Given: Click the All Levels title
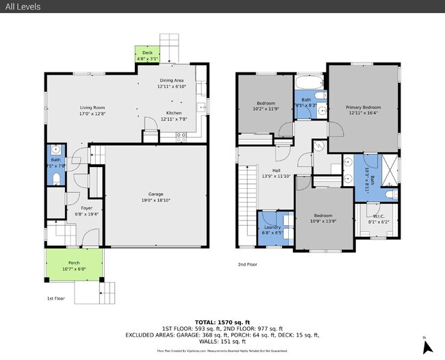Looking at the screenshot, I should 21,7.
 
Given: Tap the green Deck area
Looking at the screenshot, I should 147,55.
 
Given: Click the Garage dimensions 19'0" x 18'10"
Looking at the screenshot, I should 156,201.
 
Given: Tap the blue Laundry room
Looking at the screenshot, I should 272,229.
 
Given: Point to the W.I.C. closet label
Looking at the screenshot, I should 379,218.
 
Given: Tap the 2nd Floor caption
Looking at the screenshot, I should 247,263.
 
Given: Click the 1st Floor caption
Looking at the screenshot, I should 56,299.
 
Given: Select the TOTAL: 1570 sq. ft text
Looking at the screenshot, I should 222,321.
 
